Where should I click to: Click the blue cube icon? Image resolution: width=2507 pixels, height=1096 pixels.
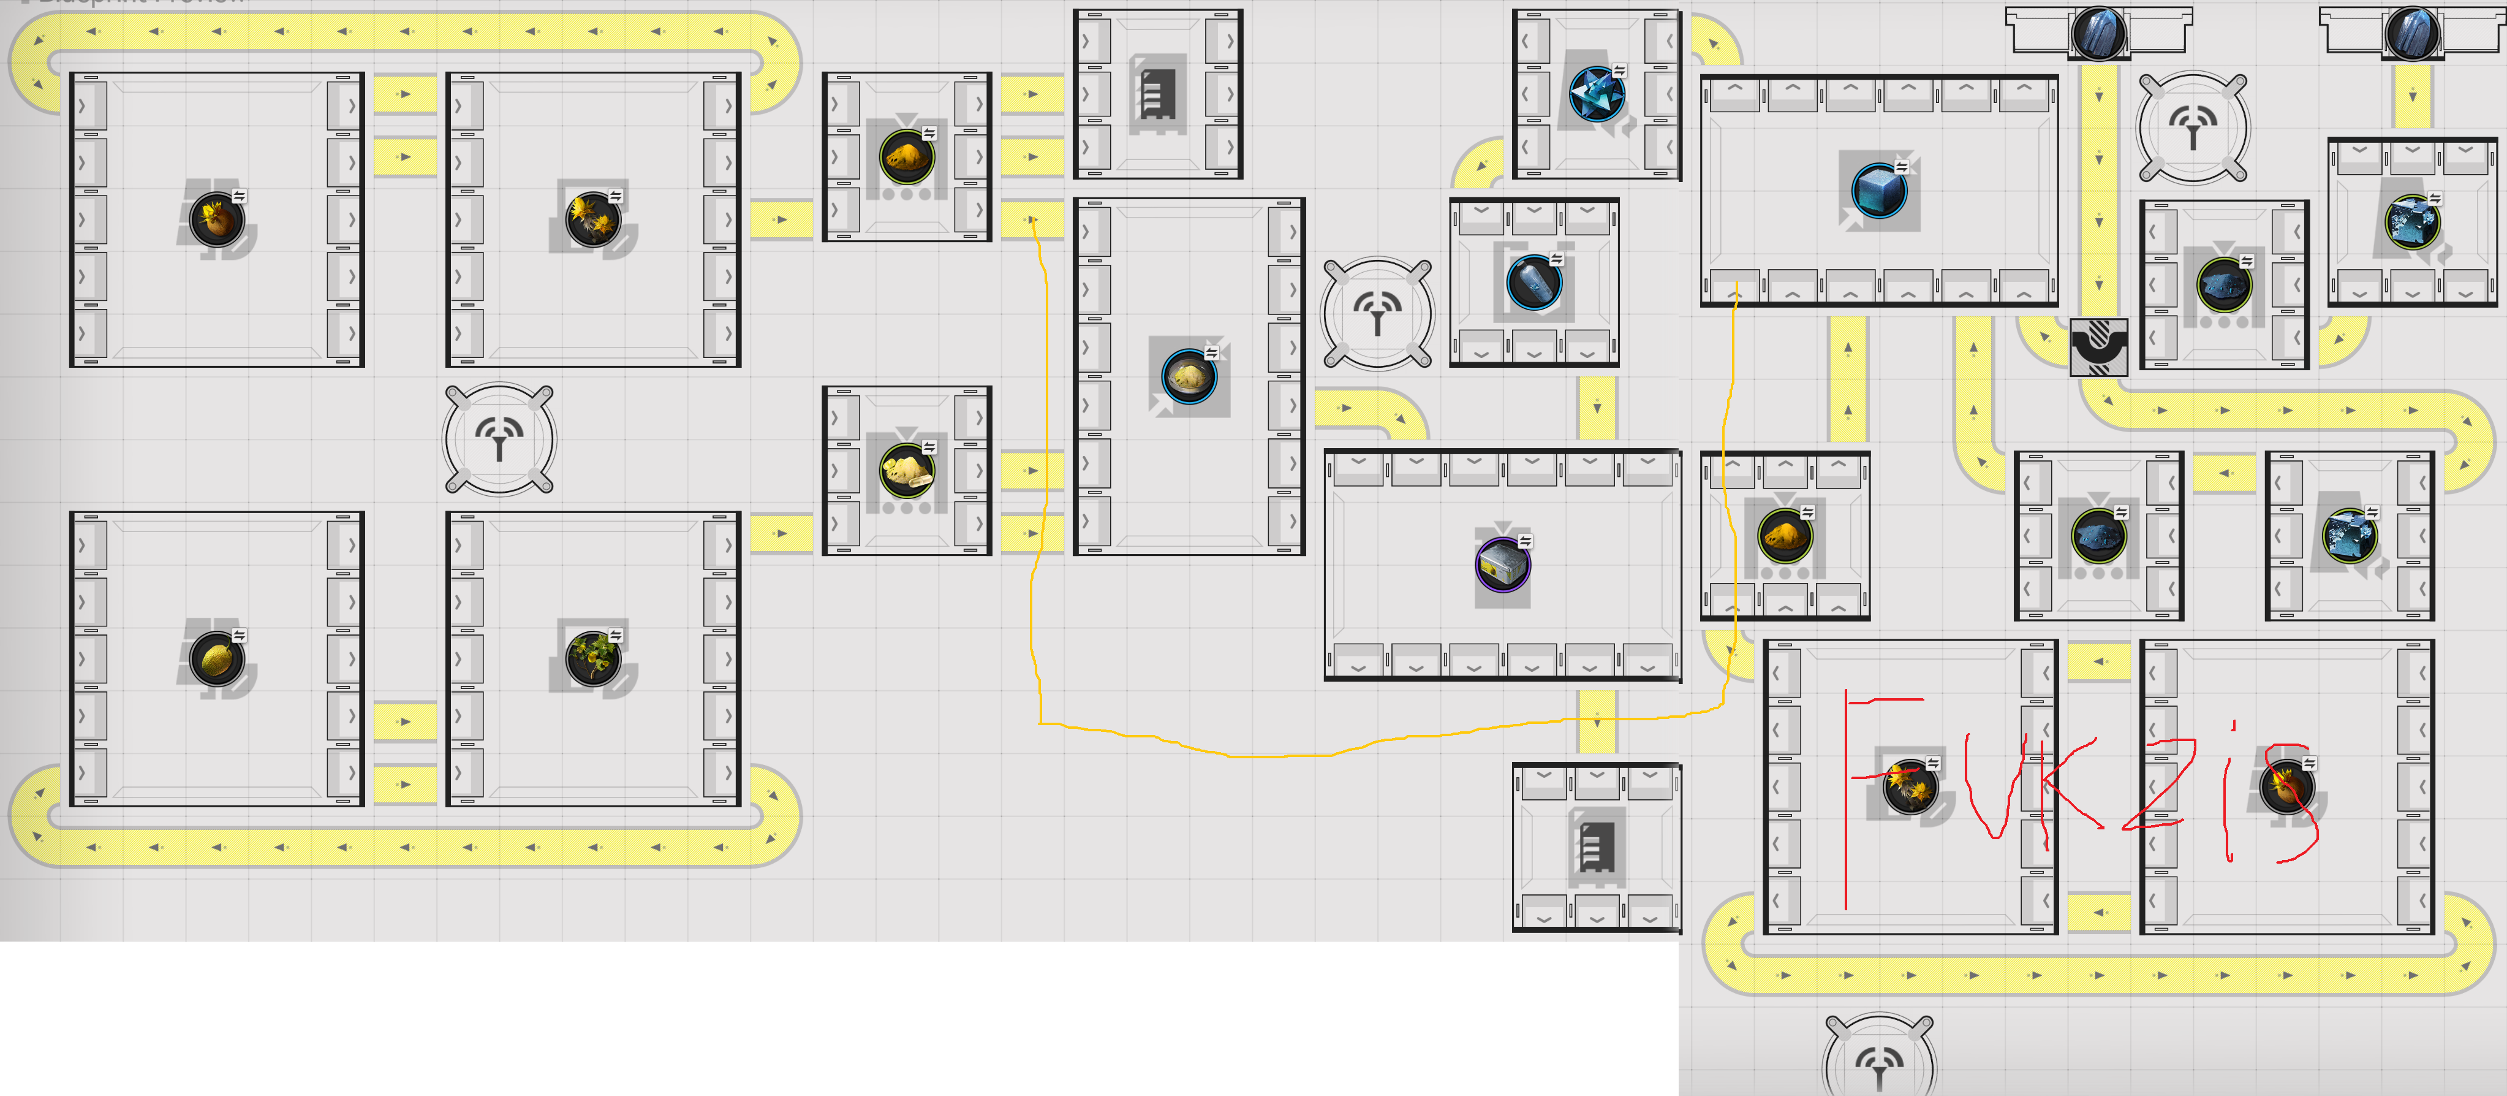point(1878,190)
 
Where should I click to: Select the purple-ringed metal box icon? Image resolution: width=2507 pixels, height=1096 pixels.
point(1503,565)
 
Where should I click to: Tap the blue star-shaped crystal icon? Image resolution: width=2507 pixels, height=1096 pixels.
point(1596,93)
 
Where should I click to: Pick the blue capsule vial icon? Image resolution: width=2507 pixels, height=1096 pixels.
point(1533,282)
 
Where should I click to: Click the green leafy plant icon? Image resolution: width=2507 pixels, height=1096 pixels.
point(592,658)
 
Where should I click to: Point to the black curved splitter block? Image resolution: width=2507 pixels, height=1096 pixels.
point(2098,346)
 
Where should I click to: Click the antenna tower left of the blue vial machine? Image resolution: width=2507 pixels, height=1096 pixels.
point(1377,313)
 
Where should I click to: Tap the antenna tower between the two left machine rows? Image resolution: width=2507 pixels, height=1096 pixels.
point(499,439)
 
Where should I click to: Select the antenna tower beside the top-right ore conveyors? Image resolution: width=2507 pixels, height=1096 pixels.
point(2193,126)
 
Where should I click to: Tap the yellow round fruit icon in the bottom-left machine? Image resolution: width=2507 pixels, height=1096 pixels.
point(216,658)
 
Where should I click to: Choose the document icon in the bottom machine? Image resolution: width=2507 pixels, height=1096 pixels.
point(1595,847)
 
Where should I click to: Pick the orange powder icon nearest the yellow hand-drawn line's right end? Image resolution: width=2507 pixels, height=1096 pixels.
point(1784,535)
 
